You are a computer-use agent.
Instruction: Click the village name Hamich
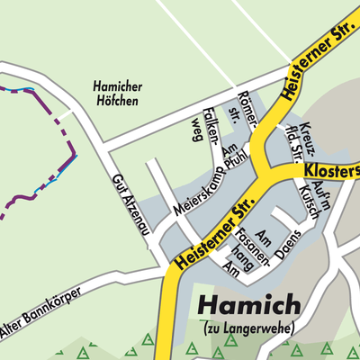click(x=249, y=306)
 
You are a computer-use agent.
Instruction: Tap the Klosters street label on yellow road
click(x=332, y=169)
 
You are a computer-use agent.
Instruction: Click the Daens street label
click(x=288, y=246)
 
